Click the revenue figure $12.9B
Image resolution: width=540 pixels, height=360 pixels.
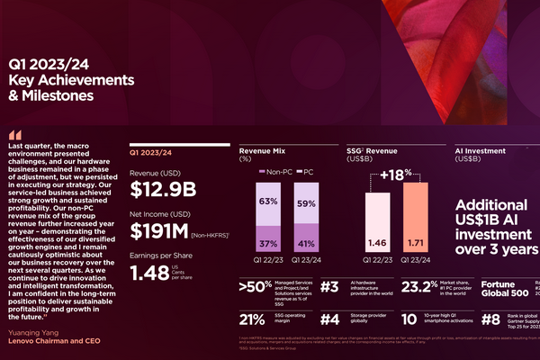(163, 189)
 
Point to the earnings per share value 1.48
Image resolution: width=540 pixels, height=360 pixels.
(150, 271)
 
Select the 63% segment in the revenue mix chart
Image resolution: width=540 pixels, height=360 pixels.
(267, 202)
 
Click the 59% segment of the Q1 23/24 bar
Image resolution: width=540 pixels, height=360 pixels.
(307, 204)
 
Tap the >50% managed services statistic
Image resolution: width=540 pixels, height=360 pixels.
(256, 288)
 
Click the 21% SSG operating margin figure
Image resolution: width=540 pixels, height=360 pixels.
(253, 319)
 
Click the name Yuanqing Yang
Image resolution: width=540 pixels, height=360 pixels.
(33, 331)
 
